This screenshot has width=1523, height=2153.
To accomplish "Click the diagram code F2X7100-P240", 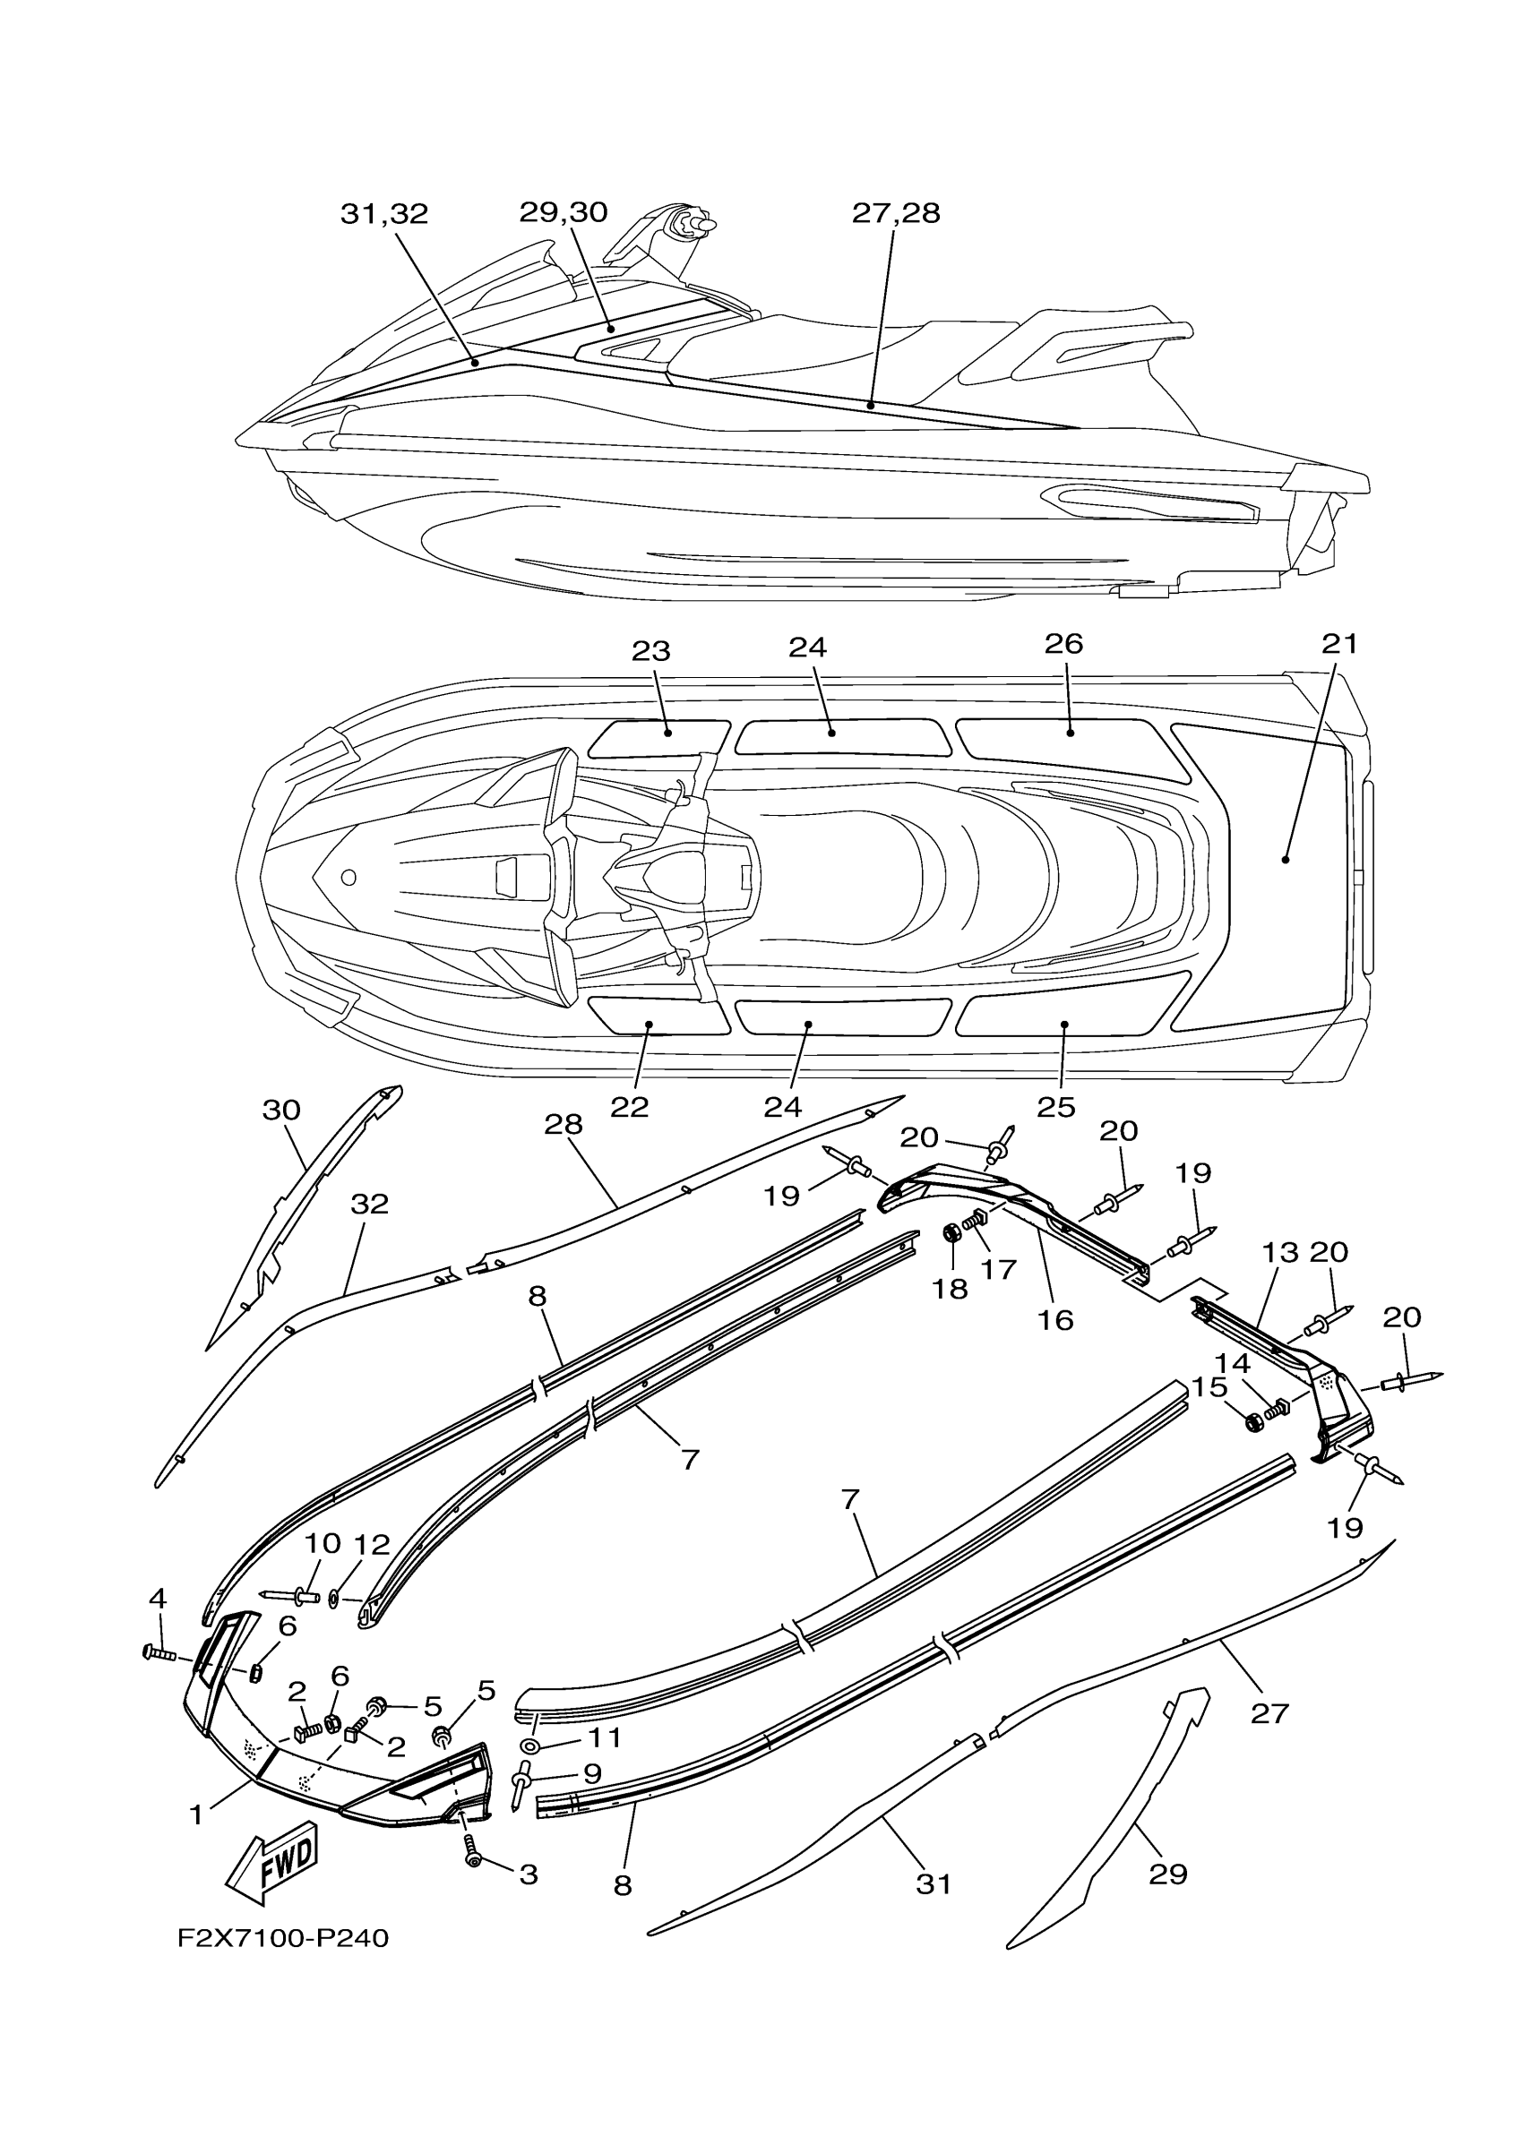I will click(282, 1938).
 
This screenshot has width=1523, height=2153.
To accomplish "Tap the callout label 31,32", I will click(383, 215).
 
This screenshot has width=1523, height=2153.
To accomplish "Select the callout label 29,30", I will click(564, 213).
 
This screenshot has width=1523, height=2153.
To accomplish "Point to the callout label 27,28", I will click(896, 214).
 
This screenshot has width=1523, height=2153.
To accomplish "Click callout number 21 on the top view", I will click(1339, 644).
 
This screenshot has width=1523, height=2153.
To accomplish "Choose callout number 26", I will click(1063, 644).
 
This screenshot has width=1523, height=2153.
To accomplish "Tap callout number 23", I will click(650, 651).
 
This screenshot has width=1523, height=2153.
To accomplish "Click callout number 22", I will click(629, 1108).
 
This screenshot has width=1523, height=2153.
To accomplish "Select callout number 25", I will click(1056, 1108).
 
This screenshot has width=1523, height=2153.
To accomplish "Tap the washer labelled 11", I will click(529, 1748).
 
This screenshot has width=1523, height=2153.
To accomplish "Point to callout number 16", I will click(1055, 1320).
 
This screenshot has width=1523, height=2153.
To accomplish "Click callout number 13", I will click(1280, 1252).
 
